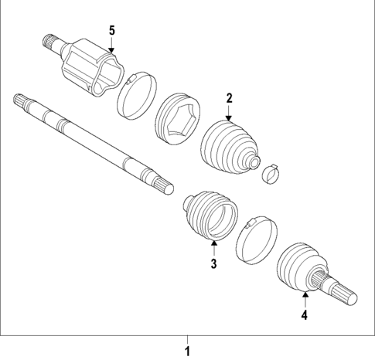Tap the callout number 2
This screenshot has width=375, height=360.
tap(229, 97)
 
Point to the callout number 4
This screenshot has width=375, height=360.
tap(305, 314)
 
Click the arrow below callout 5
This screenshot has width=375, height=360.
tap(112, 46)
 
